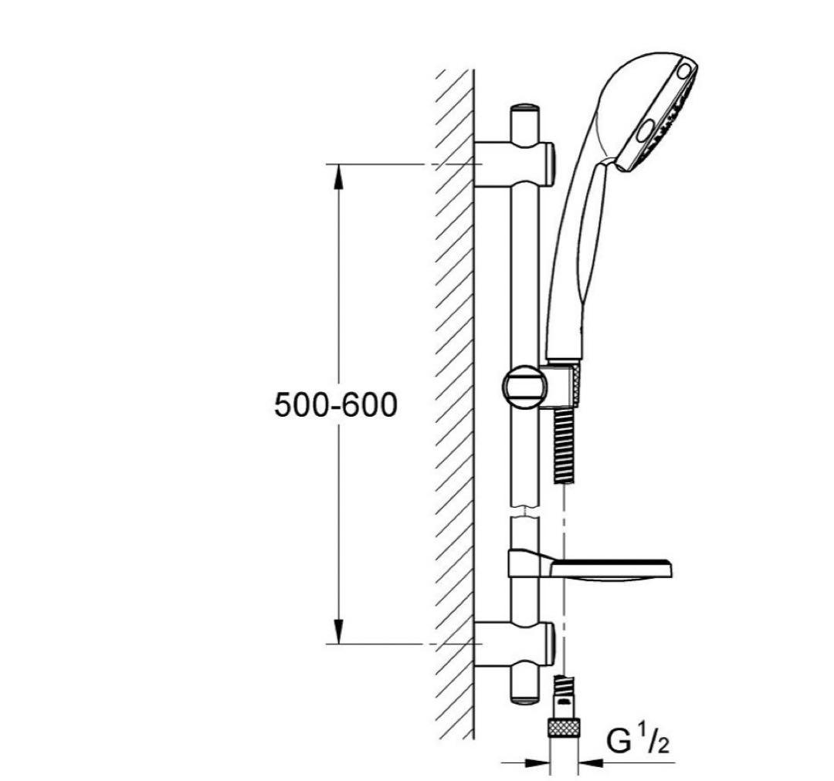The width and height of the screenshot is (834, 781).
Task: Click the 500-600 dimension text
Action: pyautogui.click(x=336, y=404)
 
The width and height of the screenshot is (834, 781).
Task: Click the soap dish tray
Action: pyautogui.click(x=611, y=570)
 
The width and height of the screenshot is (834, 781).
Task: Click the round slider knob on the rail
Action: pyautogui.click(x=524, y=387)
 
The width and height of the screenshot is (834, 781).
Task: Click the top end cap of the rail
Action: pyautogui.click(x=524, y=109)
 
